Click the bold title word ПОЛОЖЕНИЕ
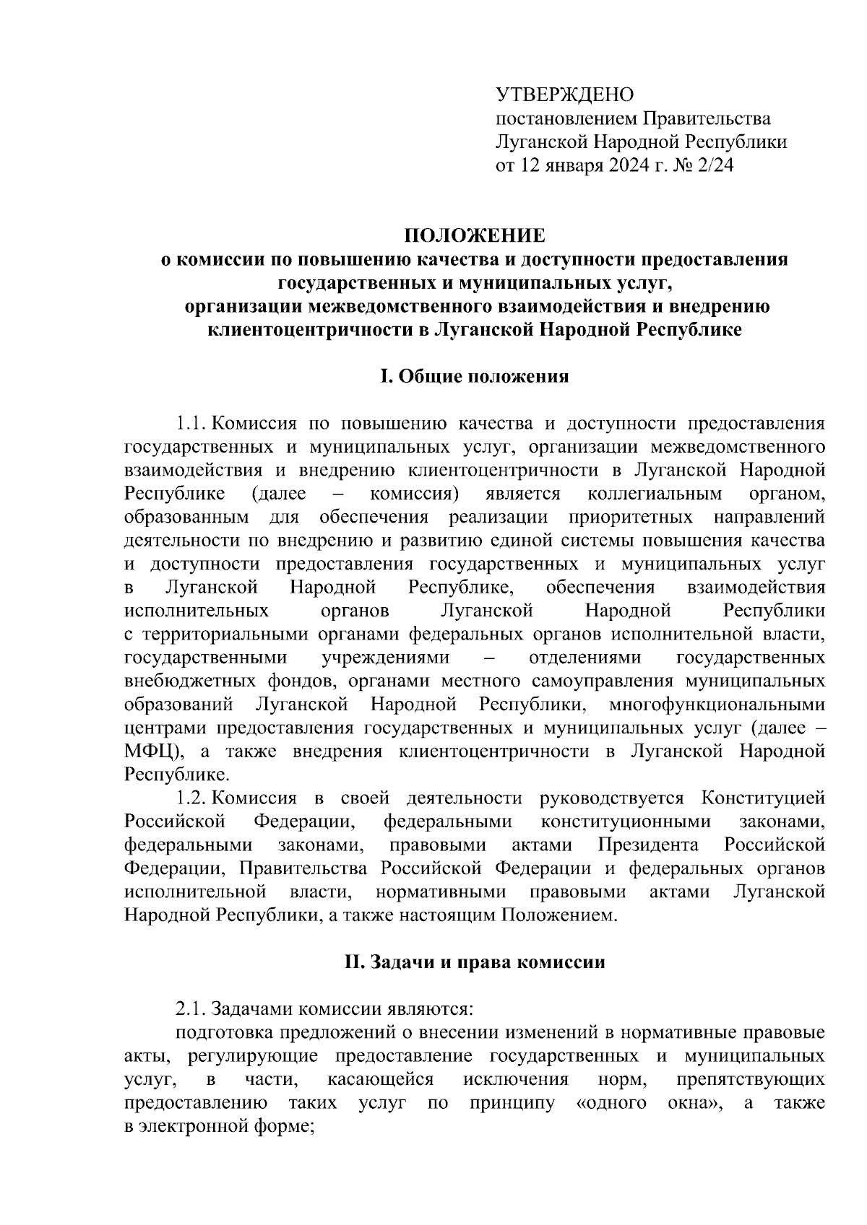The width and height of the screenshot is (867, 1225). click(474, 236)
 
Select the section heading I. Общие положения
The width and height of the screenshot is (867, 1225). click(474, 376)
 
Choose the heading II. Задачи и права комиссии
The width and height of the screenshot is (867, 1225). click(474, 962)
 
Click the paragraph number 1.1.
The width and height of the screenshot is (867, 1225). click(191, 423)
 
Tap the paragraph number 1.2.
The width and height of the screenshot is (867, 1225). click(191, 798)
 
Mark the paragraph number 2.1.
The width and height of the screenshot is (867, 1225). click(191, 1009)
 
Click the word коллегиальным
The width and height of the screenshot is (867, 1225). click(655, 494)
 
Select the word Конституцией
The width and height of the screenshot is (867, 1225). click(763, 798)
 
